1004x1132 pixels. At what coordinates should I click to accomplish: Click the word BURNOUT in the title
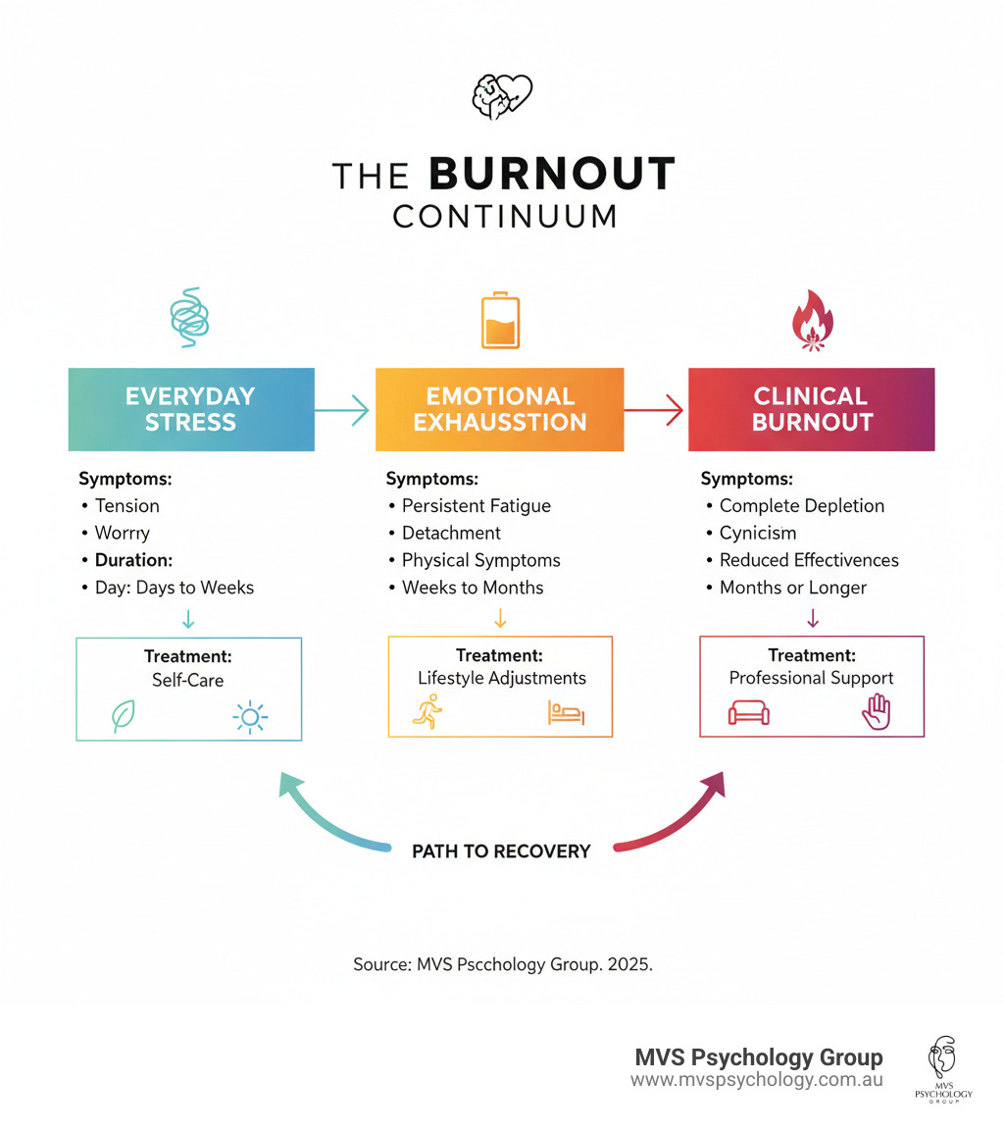pyautogui.click(x=552, y=175)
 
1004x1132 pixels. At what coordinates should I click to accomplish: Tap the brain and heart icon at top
pyautogui.click(x=501, y=95)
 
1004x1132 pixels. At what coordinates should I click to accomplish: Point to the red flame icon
pyautogui.click(x=812, y=320)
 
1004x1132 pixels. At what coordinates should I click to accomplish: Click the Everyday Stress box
pyautogui.click(x=190, y=409)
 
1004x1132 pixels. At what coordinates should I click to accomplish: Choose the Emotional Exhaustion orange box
pyautogui.click(x=500, y=409)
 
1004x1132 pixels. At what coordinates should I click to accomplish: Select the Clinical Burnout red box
pyautogui.click(x=811, y=409)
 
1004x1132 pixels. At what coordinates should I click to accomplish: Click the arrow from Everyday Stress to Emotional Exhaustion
pyautogui.click(x=342, y=409)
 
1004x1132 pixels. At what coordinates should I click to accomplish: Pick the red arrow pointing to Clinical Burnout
pyautogui.click(x=654, y=409)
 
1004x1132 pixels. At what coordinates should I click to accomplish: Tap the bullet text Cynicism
pyautogui.click(x=757, y=533)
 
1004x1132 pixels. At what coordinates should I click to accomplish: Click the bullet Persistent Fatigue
pyautogui.click(x=476, y=506)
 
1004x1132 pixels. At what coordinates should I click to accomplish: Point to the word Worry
pyautogui.click(x=122, y=533)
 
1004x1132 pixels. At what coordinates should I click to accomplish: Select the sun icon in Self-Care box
pyautogui.click(x=250, y=718)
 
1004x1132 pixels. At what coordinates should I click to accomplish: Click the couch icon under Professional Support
pyautogui.click(x=750, y=712)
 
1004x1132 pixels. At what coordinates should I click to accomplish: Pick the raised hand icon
pyautogui.click(x=876, y=712)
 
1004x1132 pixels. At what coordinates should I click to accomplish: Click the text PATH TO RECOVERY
pyautogui.click(x=501, y=850)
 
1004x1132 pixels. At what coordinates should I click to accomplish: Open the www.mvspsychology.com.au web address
pyautogui.click(x=756, y=1079)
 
